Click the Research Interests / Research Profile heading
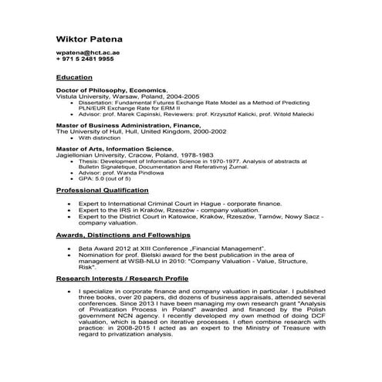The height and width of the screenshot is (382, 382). (x=133, y=278)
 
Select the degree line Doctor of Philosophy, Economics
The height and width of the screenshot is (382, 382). (x=109, y=90)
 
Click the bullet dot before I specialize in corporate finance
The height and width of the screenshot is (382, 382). (x=71, y=292)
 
